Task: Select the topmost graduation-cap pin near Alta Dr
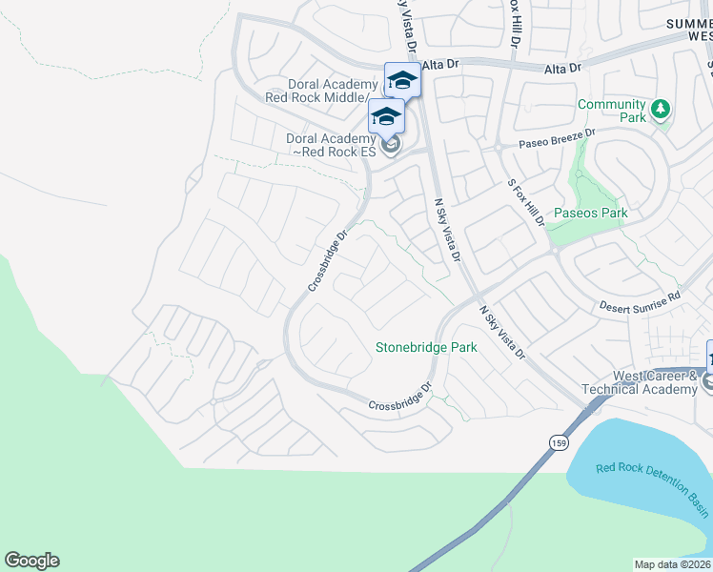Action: pyautogui.click(x=401, y=80)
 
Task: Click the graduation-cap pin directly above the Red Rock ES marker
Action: pyautogui.click(x=386, y=116)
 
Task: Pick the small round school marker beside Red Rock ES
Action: pyautogui.click(x=390, y=145)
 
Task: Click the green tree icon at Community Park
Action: pyautogui.click(x=660, y=111)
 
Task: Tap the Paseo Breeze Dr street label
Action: pyautogui.click(x=557, y=139)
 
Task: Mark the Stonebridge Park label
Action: pyautogui.click(x=425, y=348)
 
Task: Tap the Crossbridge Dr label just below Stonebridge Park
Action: pyautogui.click(x=400, y=398)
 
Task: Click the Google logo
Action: pyautogui.click(x=31, y=561)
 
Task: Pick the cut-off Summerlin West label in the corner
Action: pyautogui.click(x=686, y=28)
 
